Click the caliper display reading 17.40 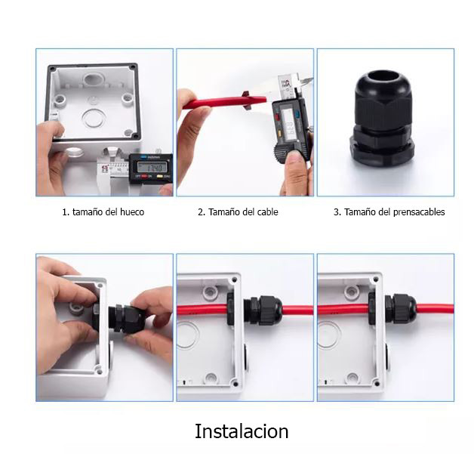pyautogui.click(x=152, y=167)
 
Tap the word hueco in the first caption pyautogui.click(x=132, y=212)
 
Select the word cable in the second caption pyautogui.click(x=267, y=212)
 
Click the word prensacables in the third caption pyautogui.click(x=419, y=212)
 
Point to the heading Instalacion pyautogui.click(x=242, y=431)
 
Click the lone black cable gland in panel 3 pyautogui.click(x=382, y=118)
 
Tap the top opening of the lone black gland pyautogui.click(x=382, y=78)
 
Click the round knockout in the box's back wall pyautogui.click(x=94, y=119)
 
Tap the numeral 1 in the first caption pyautogui.click(x=64, y=212)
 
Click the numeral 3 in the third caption pyautogui.click(x=336, y=212)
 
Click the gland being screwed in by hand pyautogui.click(x=126, y=319)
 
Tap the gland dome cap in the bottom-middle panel pyautogui.click(x=270, y=310)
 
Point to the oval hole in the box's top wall pyautogui.click(x=94, y=79)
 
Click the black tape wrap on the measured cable pyautogui.click(x=247, y=100)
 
